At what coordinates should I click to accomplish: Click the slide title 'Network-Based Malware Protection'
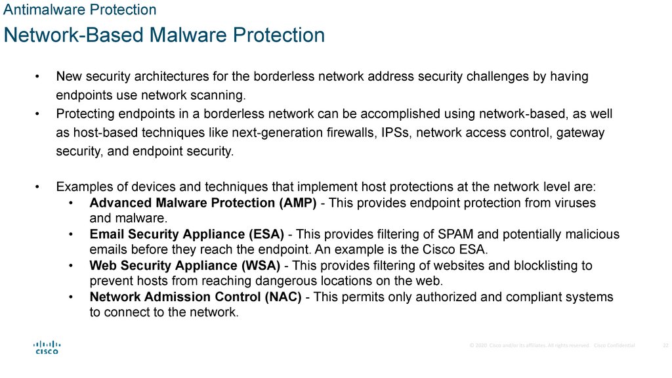click(x=164, y=35)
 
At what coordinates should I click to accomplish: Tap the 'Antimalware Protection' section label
click(x=80, y=10)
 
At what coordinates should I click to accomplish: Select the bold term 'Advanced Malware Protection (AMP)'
click(x=203, y=203)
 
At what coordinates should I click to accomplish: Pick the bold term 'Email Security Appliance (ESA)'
click(x=186, y=234)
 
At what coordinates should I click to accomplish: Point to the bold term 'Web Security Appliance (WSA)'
click(x=184, y=266)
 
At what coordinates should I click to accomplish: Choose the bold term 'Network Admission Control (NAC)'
click(x=196, y=297)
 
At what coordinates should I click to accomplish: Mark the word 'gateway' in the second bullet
click(x=581, y=133)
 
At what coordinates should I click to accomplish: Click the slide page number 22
click(x=665, y=345)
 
